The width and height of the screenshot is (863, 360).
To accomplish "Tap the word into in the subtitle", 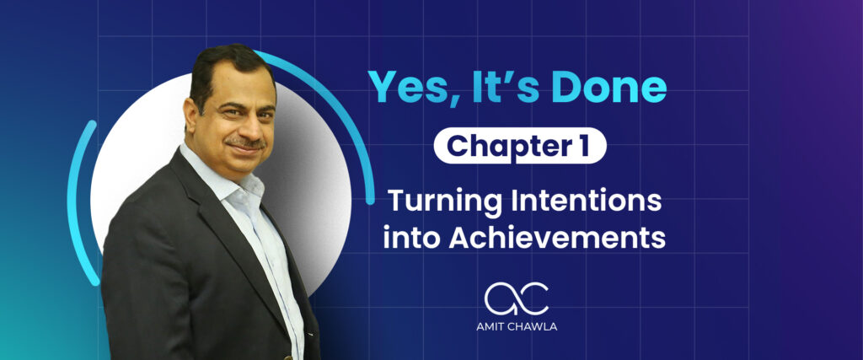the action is [x=411, y=237].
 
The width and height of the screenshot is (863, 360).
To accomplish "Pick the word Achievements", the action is [x=557, y=237].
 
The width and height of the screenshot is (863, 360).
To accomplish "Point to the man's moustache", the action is [x=246, y=142].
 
